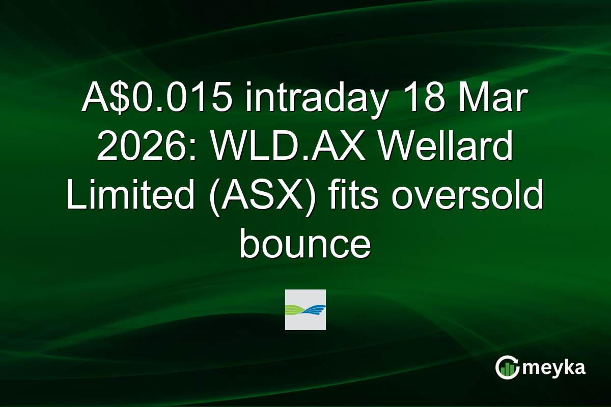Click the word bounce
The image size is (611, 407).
(x=305, y=245)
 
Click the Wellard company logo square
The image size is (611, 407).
(x=305, y=309)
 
